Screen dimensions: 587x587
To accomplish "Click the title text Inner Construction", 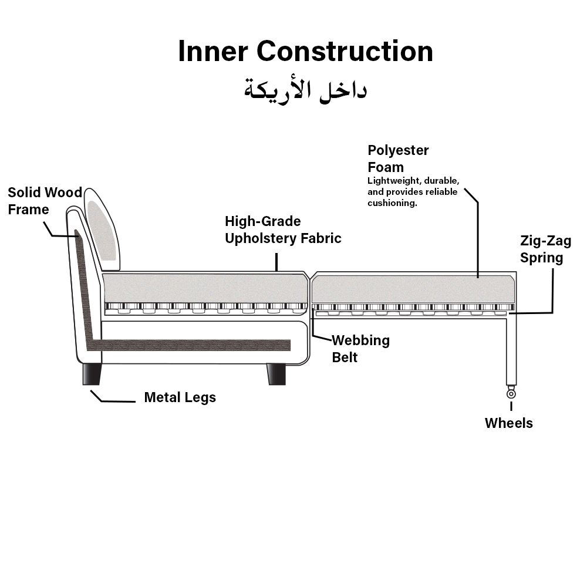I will pos(305,51).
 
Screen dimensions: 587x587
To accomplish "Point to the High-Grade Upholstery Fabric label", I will pos(283,230).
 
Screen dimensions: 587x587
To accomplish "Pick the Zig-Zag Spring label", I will pos(545,249).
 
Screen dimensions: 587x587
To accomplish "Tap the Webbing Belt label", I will pos(360,348).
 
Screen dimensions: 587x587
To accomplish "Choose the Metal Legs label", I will pos(180,397).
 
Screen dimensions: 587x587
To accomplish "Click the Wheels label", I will pos(508,423).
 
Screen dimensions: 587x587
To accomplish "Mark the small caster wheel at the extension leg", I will pos(511,394).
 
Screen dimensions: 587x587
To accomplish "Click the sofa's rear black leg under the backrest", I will pos(92,374).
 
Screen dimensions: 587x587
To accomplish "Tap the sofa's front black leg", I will pos(276,374).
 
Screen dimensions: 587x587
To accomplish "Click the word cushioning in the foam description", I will pos(392,203).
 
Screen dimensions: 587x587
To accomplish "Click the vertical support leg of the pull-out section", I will pos(511,349).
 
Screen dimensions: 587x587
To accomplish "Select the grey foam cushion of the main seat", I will pos(205,288).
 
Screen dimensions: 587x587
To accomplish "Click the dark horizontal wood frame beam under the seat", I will pos(194,345).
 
